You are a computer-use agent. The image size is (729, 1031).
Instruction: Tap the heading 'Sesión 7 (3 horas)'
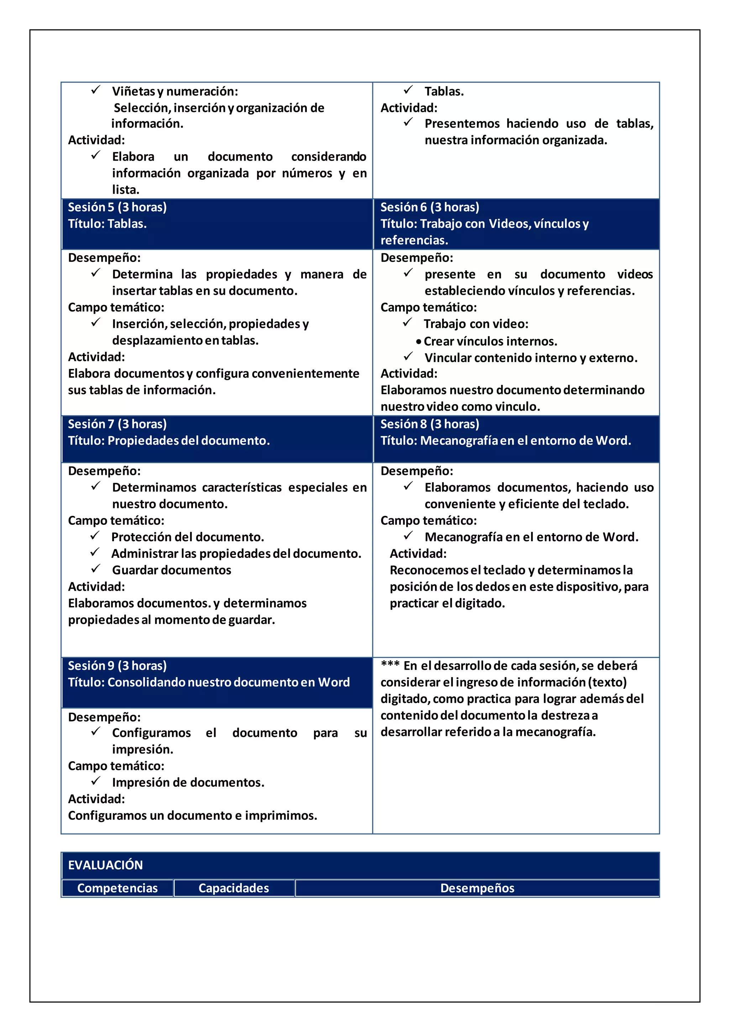pyautogui.click(x=117, y=424)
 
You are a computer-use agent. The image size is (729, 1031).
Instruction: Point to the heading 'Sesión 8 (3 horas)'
pyautogui.click(x=430, y=424)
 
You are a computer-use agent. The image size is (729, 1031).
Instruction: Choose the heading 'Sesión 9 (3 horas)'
pyautogui.click(x=117, y=665)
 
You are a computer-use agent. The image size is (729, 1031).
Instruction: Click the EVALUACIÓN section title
pyautogui.click(x=105, y=865)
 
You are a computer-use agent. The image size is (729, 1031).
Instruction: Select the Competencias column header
pyautogui.click(x=117, y=888)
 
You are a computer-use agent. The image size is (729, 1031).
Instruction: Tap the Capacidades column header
pyautogui.click(x=234, y=888)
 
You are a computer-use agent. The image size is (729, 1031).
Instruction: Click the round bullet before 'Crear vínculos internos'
pyautogui.click(x=418, y=342)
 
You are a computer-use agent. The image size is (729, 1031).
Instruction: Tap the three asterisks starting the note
pyautogui.click(x=390, y=665)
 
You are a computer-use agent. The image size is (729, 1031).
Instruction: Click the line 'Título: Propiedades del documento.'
pyautogui.click(x=169, y=440)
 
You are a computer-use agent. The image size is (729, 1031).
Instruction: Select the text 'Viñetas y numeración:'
pyautogui.click(x=175, y=91)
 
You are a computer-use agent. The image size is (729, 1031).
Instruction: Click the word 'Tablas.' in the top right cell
pyautogui.click(x=444, y=91)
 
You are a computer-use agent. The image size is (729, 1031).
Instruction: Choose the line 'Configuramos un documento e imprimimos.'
pyautogui.click(x=193, y=816)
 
